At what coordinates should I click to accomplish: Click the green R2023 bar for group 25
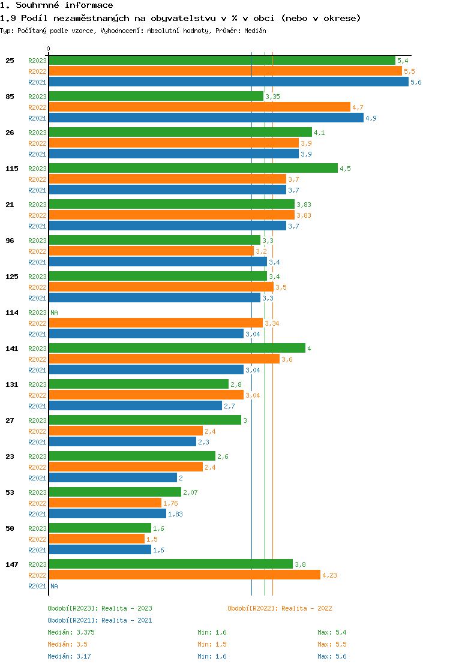tap(222, 61)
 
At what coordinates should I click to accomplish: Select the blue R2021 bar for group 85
tap(206, 118)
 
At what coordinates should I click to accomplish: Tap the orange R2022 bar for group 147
tap(185, 575)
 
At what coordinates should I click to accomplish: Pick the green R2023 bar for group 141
tap(177, 348)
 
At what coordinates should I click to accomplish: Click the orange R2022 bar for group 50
tap(97, 539)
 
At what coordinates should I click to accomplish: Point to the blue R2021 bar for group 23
tap(113, 478)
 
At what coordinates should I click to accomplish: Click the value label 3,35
tap(272, 97)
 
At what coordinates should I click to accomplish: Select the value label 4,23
tap(330, 575)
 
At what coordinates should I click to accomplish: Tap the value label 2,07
tap(190, 492)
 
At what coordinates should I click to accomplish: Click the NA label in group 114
tap(54, 313)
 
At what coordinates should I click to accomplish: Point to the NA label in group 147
tap(54, 586)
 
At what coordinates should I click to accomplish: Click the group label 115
tap(12, 169)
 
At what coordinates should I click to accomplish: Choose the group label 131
tap(12, 384)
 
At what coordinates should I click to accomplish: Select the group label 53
tap(10, 492)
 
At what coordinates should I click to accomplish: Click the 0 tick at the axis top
tap(49, 49)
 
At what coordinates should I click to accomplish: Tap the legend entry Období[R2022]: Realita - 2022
tap(280, 608)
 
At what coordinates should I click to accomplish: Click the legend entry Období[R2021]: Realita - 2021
tap(100, 620)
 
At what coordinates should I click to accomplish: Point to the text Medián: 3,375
tap(71, 632)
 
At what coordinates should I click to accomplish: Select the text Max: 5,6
tap(332, 656)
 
